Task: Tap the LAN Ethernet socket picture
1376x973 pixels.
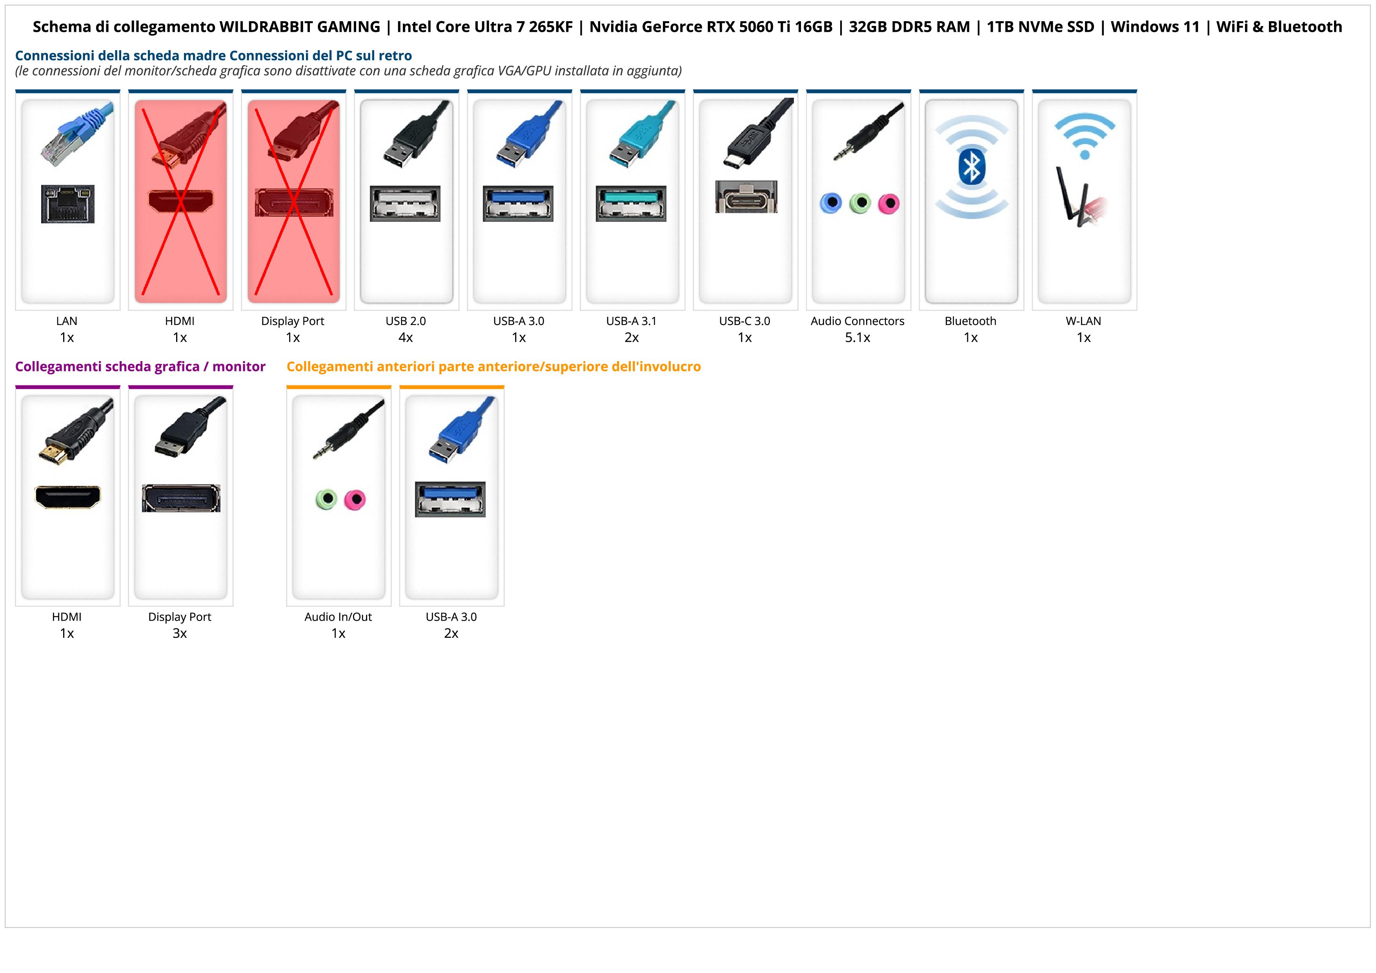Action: tap(68, 204)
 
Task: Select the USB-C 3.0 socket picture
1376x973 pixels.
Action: tap(746, 197)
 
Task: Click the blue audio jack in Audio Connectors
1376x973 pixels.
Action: tap(831, 203)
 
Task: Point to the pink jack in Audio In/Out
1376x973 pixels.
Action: tap(355, 499)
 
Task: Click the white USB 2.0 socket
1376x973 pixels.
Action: tap(405, 203)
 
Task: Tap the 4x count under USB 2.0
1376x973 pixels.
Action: tap(406, 338)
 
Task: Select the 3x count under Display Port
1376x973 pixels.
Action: tap(180, 633)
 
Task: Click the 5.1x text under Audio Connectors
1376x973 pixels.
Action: tap(857, 338)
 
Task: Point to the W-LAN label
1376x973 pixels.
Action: tap(1083, 321)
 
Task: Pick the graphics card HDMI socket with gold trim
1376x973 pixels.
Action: tap(68, 497)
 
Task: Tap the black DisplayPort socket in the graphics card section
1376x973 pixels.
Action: tap(181, 498)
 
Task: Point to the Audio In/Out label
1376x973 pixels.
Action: tap(338, 617)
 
